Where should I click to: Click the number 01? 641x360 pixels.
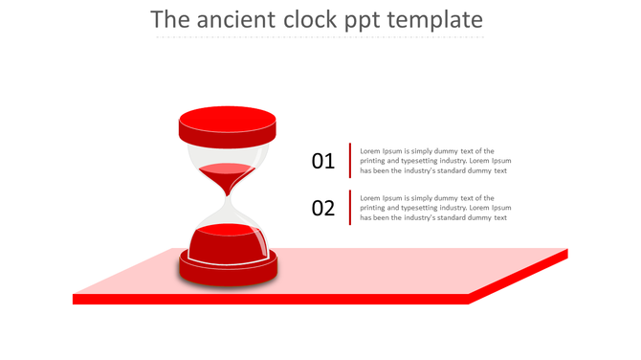(x=323, y=161)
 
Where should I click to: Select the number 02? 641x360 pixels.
(x=323, y=208)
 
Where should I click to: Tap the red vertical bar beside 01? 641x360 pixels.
(x=350, y=161)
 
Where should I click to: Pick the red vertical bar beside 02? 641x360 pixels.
(x=350, y=208)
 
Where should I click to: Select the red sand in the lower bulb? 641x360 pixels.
(x=228, y=242)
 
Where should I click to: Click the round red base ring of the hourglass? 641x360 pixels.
(x=228, y=272)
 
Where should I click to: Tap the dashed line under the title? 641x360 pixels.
(x=320, y=37)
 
